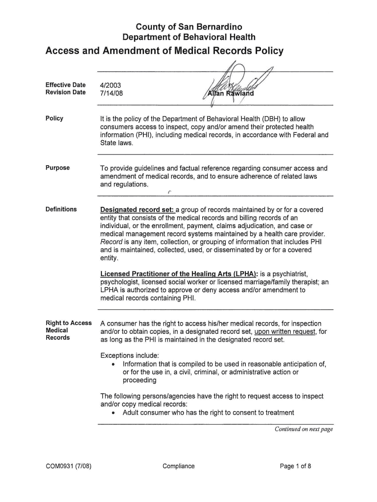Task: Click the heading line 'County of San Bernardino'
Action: pyautogui.click(x=188, y=26)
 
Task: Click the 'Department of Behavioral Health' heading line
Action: pyautogui.click(x=188, y=37)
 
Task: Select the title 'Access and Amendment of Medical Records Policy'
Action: pyautogui.click(x=164, y=51)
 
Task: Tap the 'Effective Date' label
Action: pyautogui.click(x=65, y=85)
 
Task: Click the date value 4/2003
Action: pyautogui.click(x=110, y=85)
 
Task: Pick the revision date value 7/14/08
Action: pyautogui.click(x=111, y=93)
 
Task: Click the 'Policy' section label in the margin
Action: pyautogui.click(x=54, y=119)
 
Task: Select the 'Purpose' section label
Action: pyautogui.click(x=58, y=168)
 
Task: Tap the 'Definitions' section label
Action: pyautogui.click(x=61, y=210)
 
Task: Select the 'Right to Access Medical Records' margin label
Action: pyautogui.click(x=68, y=330)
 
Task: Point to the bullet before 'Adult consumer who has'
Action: pyautogui.click(x=114, y=413)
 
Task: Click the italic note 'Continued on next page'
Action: pyautogui.click(x=304, y=429)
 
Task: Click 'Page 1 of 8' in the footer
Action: pyautogui.click(x=295, y=466)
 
